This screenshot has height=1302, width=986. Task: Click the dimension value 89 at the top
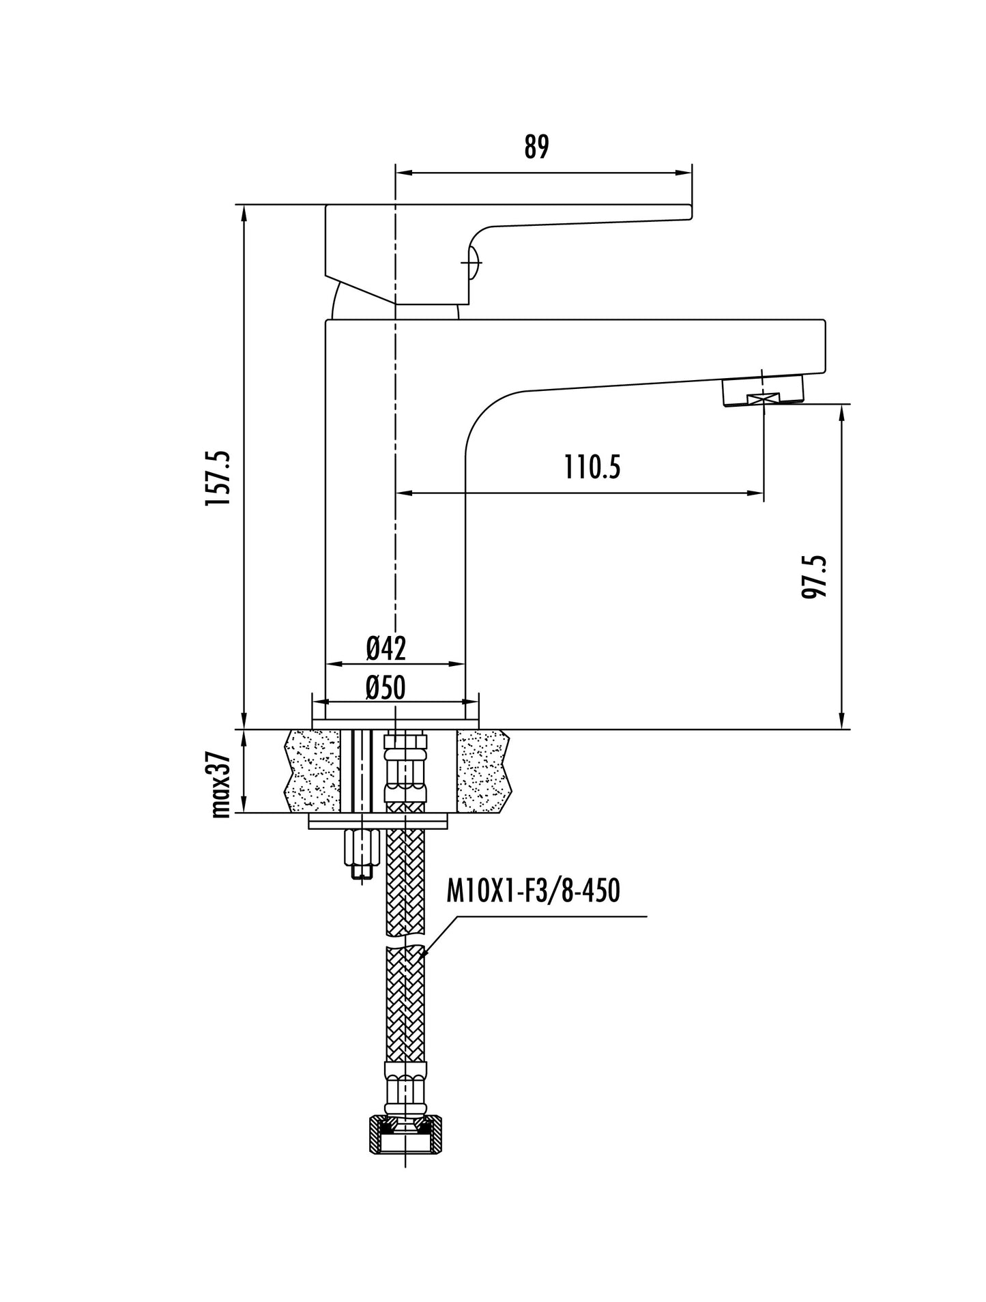click(536, 147)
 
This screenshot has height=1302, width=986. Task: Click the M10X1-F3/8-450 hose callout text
click(533, 891)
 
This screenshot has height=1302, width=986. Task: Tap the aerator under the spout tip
click(763, 395)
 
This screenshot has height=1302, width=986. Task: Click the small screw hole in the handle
click(473, 259)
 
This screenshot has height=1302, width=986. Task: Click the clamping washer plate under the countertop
click(379, 821)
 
